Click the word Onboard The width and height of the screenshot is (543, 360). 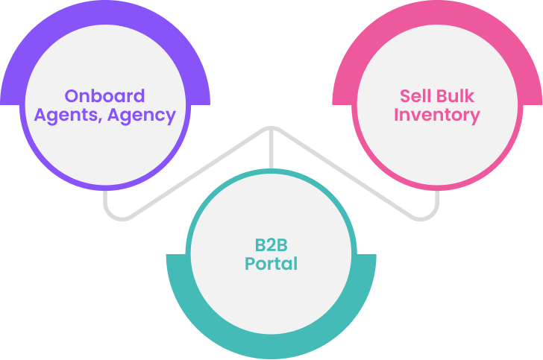tap(104, 96)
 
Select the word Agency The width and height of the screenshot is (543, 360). tap(142, 116)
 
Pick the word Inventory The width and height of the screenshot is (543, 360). tap(437, 116)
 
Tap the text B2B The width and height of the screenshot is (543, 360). tap(271, 245)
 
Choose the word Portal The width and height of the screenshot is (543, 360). tap(271, 264)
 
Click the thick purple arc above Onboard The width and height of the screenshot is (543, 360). tap(105, 13)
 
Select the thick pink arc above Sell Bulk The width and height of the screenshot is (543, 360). tap(437, 13)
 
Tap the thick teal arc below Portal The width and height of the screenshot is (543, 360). tap(271, 347)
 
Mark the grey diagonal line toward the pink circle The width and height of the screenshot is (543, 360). tap(345, 173)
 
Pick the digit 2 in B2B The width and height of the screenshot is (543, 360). tap(271, 245)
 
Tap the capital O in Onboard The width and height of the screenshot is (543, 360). tap(72, 96)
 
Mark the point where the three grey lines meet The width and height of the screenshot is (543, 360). tap(271, 129)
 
